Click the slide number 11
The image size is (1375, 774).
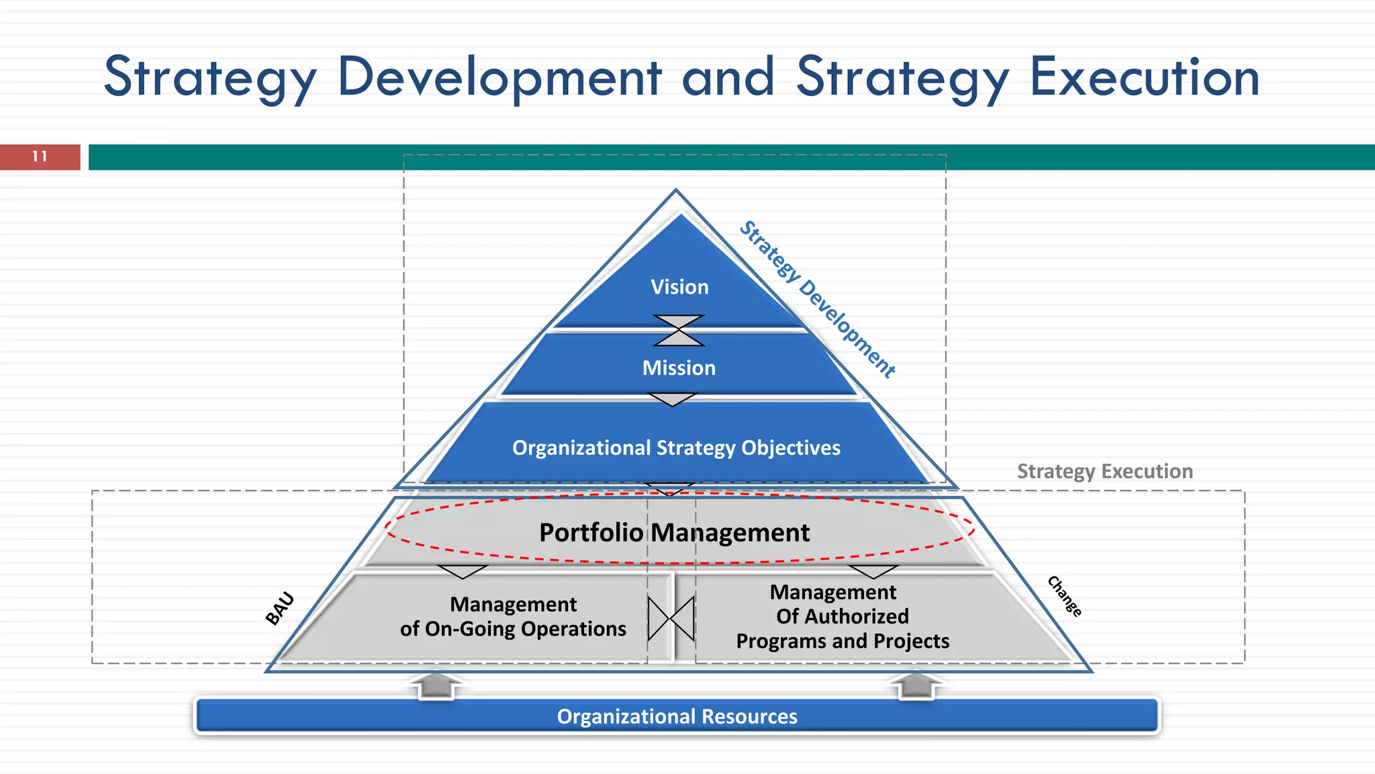[40, 157]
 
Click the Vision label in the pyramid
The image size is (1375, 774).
[679, 287]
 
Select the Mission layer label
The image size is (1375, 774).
[679, 368]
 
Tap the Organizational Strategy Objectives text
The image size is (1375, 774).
[676, 448]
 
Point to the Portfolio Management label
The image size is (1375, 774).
[674, 532]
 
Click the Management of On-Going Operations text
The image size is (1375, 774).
[513, 617]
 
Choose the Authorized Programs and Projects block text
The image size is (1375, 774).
[843, 617]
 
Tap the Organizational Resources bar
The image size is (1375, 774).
[677, 716]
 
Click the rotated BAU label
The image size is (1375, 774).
[280, 608]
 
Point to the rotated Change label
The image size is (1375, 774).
[1065, 596]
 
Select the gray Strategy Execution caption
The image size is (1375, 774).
[1104, 471]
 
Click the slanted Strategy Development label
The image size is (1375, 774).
[817, 299]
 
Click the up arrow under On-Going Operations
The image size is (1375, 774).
[436, 685]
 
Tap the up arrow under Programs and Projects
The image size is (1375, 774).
[915, 685]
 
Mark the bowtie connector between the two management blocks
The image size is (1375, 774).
[671, 618]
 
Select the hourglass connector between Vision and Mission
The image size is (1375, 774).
[679, 330]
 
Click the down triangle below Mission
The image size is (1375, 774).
[672, 400]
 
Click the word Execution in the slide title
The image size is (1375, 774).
[1144, 77]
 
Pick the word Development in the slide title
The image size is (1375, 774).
[500, 77]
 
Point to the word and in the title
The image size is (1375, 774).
[728, 77]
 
